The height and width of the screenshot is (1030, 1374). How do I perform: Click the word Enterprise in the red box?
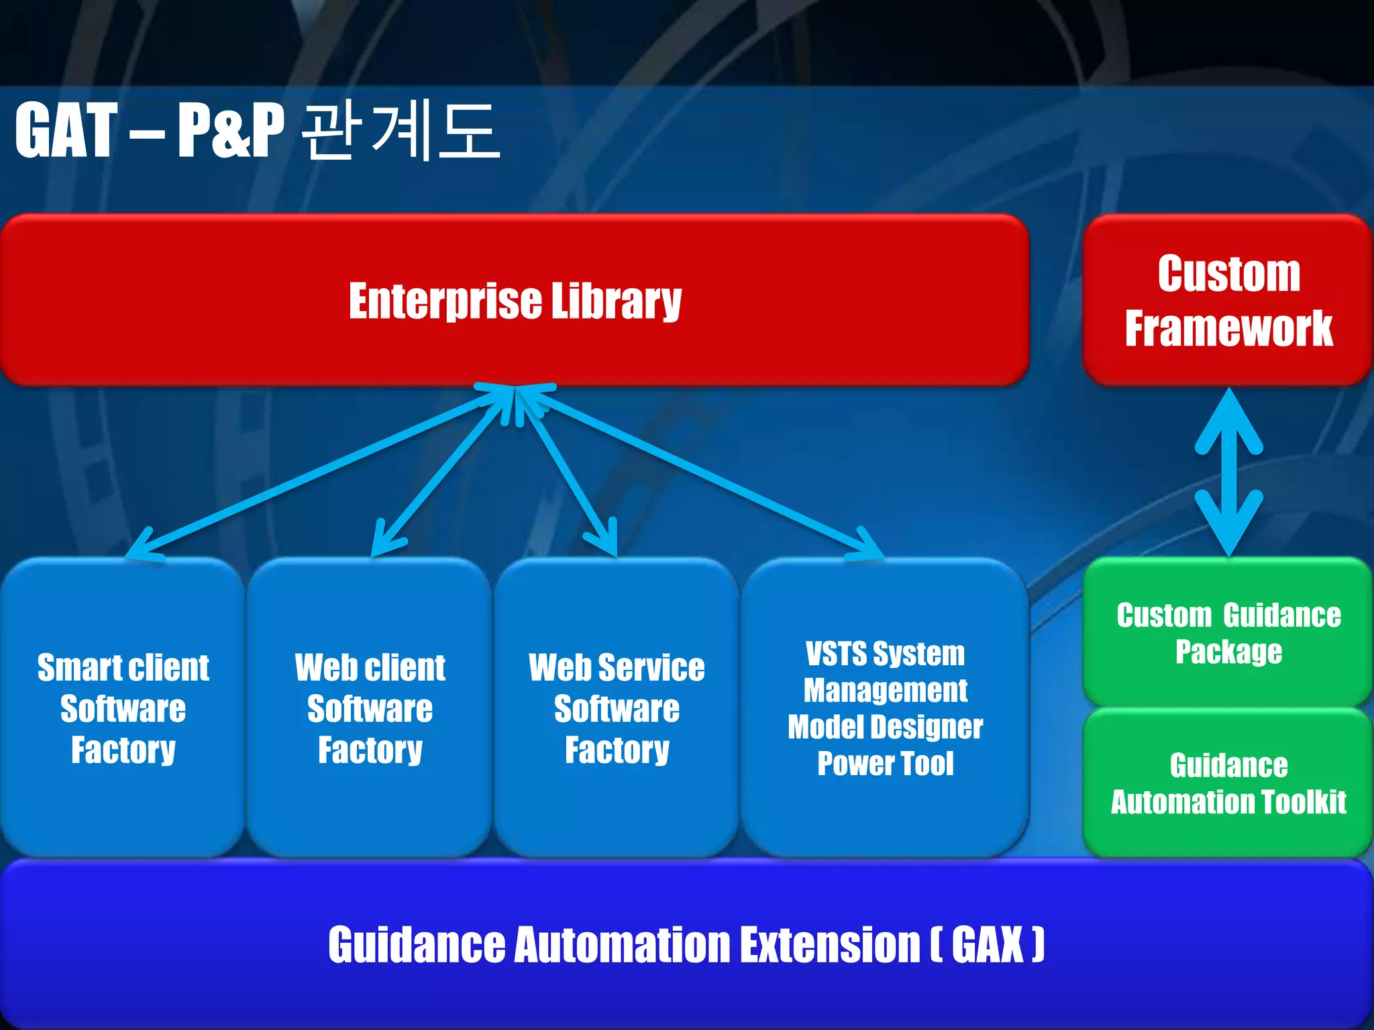pyautogui.click(x=444, y=301)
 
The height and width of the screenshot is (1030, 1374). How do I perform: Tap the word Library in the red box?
pyautogui.click(x=616, y=301)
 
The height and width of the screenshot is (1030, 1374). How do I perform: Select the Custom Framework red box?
pyautogui.click(x=1228, y=300)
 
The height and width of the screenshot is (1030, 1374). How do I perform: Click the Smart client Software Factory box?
pyautogui.click(x=123, y=708)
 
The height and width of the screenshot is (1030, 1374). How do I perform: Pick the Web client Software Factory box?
pyautogui.click(x=370, y=708)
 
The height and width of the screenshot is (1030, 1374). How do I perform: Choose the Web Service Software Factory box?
pyautogui.click(x=617, y=708)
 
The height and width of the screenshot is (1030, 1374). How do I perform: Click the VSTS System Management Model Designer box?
pyautogui.click(x=885, y=708)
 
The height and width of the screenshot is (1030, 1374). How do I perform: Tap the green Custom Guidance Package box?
pyautogui.click(x=1228, y=633)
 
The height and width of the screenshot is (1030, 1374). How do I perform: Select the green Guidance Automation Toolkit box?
pyautogui.click(x=1228, y=783)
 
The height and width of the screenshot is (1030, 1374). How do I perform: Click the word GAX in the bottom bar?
pyautogui.click(x=987, y=945)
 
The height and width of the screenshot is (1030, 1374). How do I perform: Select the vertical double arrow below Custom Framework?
pyautogui.click(x=1228, y=473)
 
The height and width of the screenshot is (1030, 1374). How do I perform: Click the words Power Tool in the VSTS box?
pyautogui.click(x=885, y=764)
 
